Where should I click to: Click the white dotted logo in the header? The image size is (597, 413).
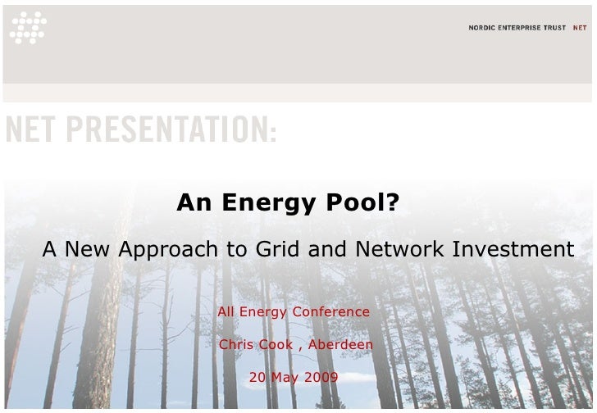click(x=28, y=27)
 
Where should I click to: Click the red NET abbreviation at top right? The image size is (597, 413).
click(x=580, y=27)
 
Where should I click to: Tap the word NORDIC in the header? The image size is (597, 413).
click(x=482, y=27)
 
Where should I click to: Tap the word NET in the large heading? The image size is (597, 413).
click(x=32, y=130)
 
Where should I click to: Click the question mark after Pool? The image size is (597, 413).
click(x=394, y=202)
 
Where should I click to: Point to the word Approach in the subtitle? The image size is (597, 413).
click(x=170, y=249)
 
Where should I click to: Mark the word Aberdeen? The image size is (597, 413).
click(x=340, y=345)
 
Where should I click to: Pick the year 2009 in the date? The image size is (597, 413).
click(x=321, y=378)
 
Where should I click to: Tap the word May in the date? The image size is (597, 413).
click(x=284, y=379)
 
